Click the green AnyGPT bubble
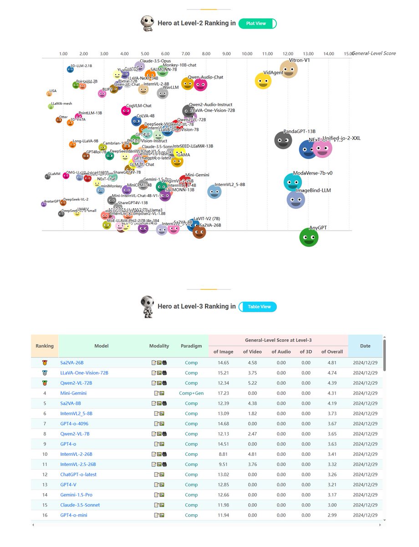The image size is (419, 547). [x=309, y=237]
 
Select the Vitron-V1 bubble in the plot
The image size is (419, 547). [x=289, y=69]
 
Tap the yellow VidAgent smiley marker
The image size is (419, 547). [x=263, y=81]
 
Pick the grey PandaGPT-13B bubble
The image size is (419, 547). [x=283, y=140]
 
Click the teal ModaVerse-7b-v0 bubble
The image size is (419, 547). [x=292, y=182]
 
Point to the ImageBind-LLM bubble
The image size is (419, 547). [x=296, y=199]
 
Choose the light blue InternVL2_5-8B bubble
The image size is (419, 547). [x=215, y=192]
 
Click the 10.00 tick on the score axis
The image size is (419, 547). [x=247, y=54]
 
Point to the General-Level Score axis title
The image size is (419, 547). [x=373, y=53]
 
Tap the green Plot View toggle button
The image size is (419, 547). [x=257, y=24]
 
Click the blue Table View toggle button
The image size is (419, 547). [x=257, y=307]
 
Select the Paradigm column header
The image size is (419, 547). [x=191, y=346]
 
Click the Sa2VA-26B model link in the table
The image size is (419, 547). [x=72, y=363]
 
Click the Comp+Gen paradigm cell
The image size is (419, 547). [x=191, y=393]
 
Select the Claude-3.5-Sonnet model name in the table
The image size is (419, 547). [x=80, y=505]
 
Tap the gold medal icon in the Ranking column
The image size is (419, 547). [x=45, y=363]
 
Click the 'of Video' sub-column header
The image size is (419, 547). [x=252, y=351]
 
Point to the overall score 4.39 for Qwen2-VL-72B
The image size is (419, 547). [x=332, y=383]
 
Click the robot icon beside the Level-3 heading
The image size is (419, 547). [x=147, y=307]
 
